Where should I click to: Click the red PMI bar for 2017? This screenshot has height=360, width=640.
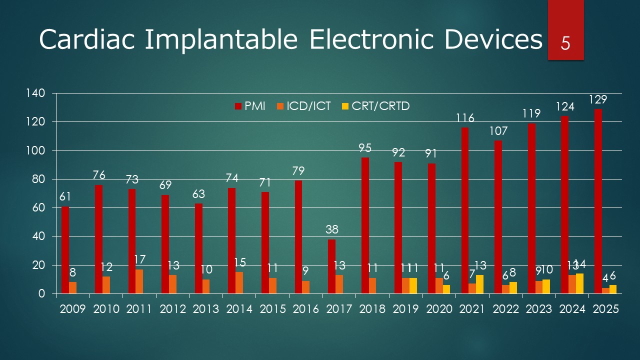(x=331, y=266)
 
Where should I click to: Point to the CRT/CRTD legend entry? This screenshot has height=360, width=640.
(x=380, y=106)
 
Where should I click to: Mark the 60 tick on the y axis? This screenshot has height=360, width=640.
(x=40, y=208)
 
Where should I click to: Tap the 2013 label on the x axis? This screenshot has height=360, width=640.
(x=206, y=309)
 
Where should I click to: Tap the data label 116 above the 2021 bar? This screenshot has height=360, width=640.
(x=464, y=118)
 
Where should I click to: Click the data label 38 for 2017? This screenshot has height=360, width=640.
(x=331, y=229)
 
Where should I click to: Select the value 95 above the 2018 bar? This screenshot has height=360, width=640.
(x=365, y=148)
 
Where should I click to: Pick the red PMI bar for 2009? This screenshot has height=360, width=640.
(x=65, y=250)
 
